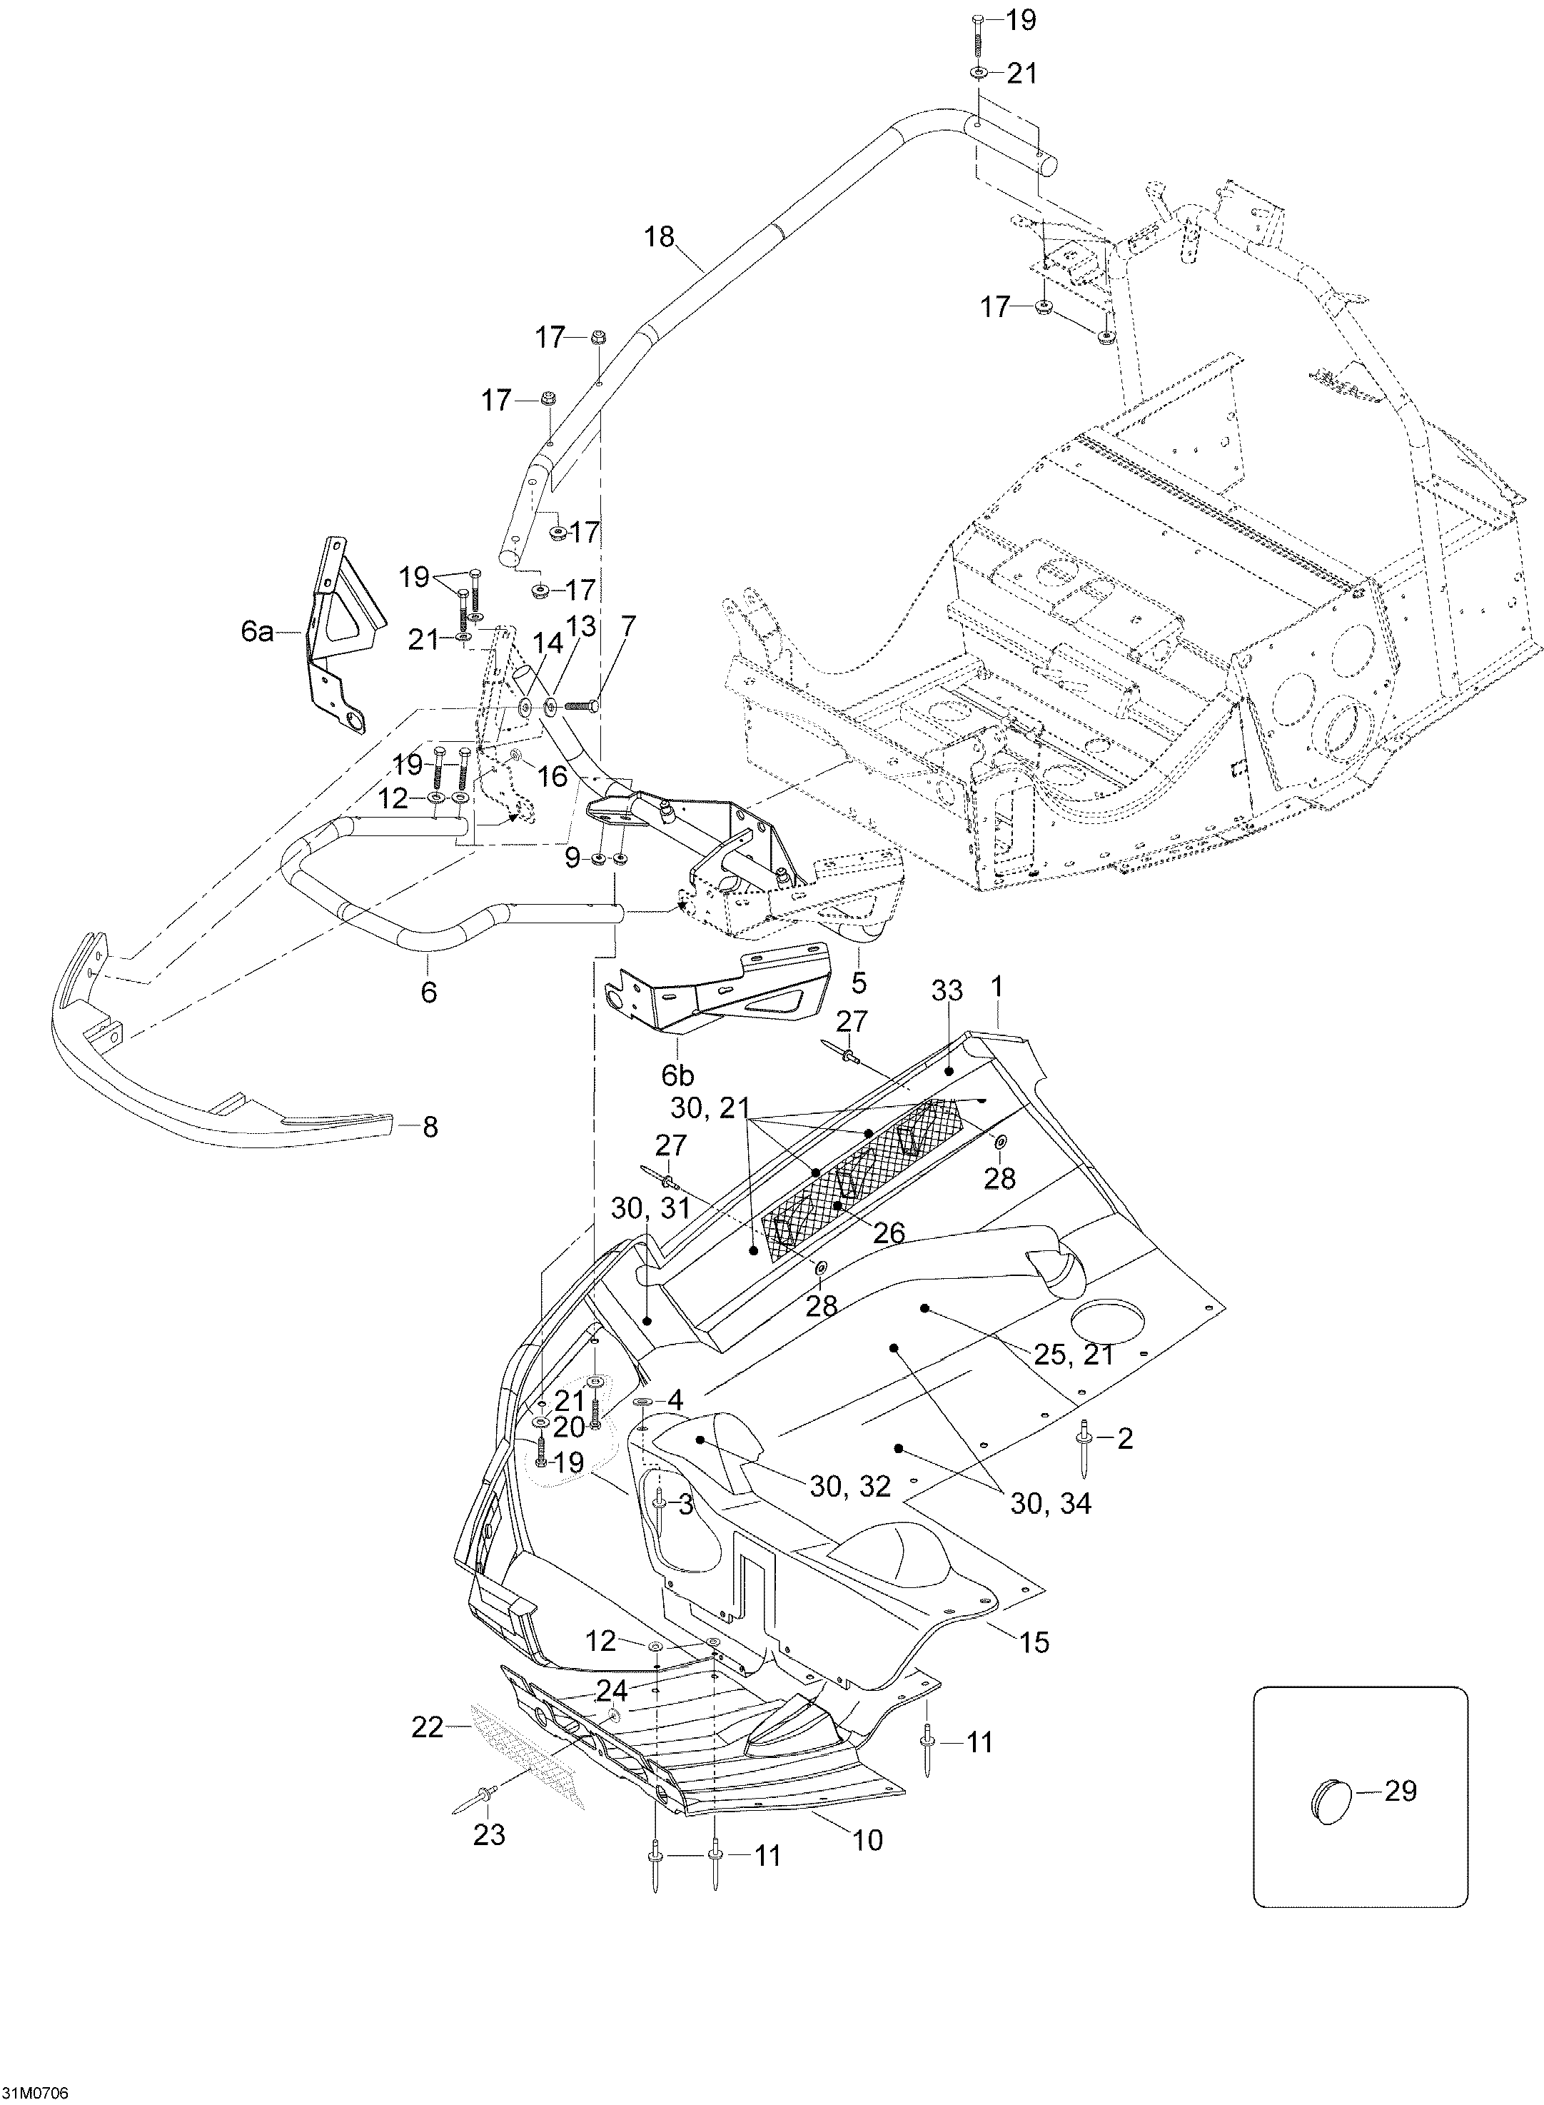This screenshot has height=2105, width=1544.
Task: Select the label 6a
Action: coord(257,632)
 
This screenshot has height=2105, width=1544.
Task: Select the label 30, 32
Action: coord(849,1485)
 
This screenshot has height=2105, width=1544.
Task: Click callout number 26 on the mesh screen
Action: coord(889,1233)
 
